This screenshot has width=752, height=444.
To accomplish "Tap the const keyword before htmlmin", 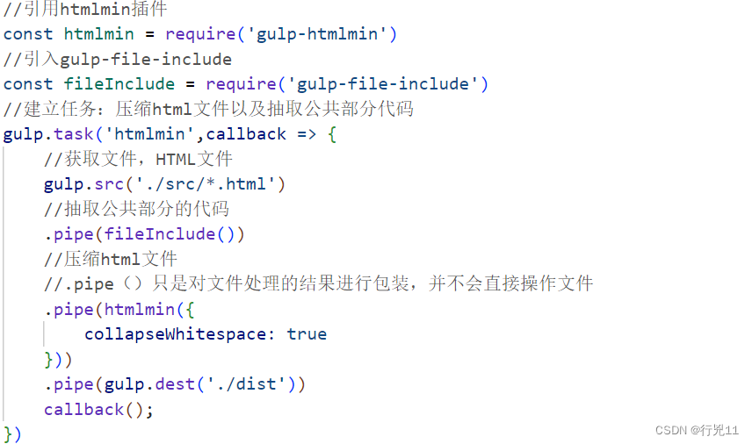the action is [28, 34].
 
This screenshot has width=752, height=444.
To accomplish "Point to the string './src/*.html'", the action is [206, 184].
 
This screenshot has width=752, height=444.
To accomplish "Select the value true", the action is [307, 334].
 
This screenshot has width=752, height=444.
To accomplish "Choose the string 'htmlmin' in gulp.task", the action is [149, 134].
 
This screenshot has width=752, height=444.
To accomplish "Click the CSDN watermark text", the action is [697, 430].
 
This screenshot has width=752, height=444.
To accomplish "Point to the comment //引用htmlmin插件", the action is [85, 10].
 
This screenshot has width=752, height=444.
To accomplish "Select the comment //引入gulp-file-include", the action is [118, 60].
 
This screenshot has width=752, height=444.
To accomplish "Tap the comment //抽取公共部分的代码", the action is [136, 209].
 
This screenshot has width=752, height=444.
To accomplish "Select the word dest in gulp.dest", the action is [185, 384].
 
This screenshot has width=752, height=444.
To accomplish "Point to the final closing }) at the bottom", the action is [12, 433].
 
